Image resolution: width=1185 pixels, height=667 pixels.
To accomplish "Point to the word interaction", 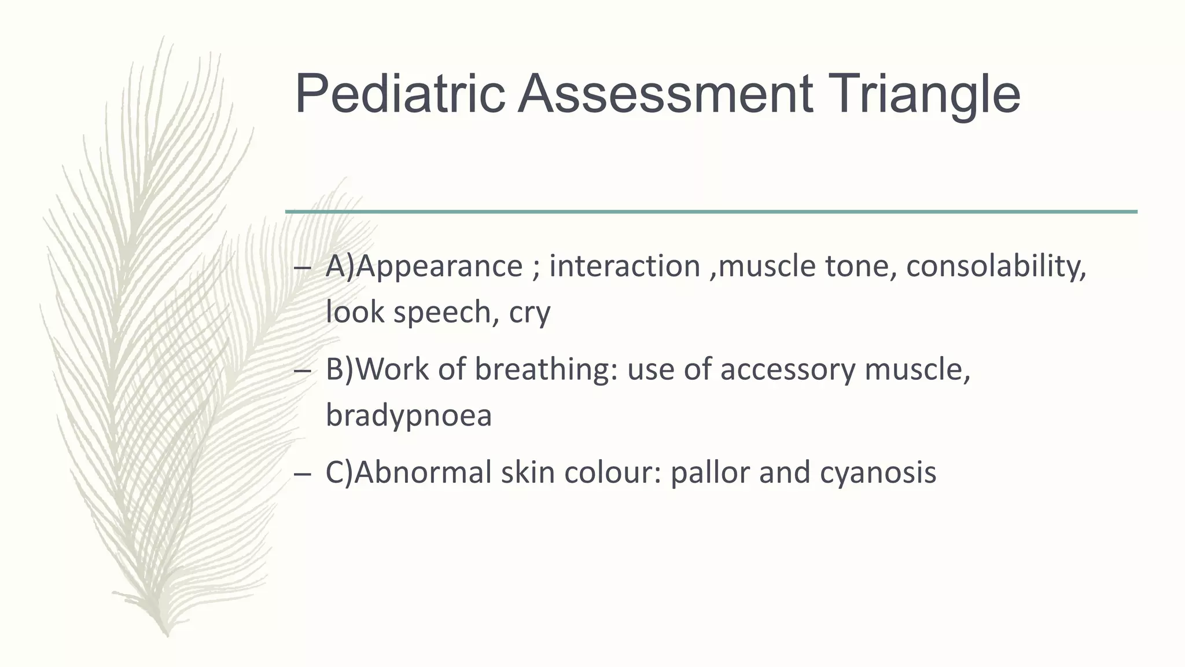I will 624,266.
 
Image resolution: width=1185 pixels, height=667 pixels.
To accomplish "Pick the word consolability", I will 996,267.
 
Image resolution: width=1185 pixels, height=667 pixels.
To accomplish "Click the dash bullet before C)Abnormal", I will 302,473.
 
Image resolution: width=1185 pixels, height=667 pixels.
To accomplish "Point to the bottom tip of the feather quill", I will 167,635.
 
